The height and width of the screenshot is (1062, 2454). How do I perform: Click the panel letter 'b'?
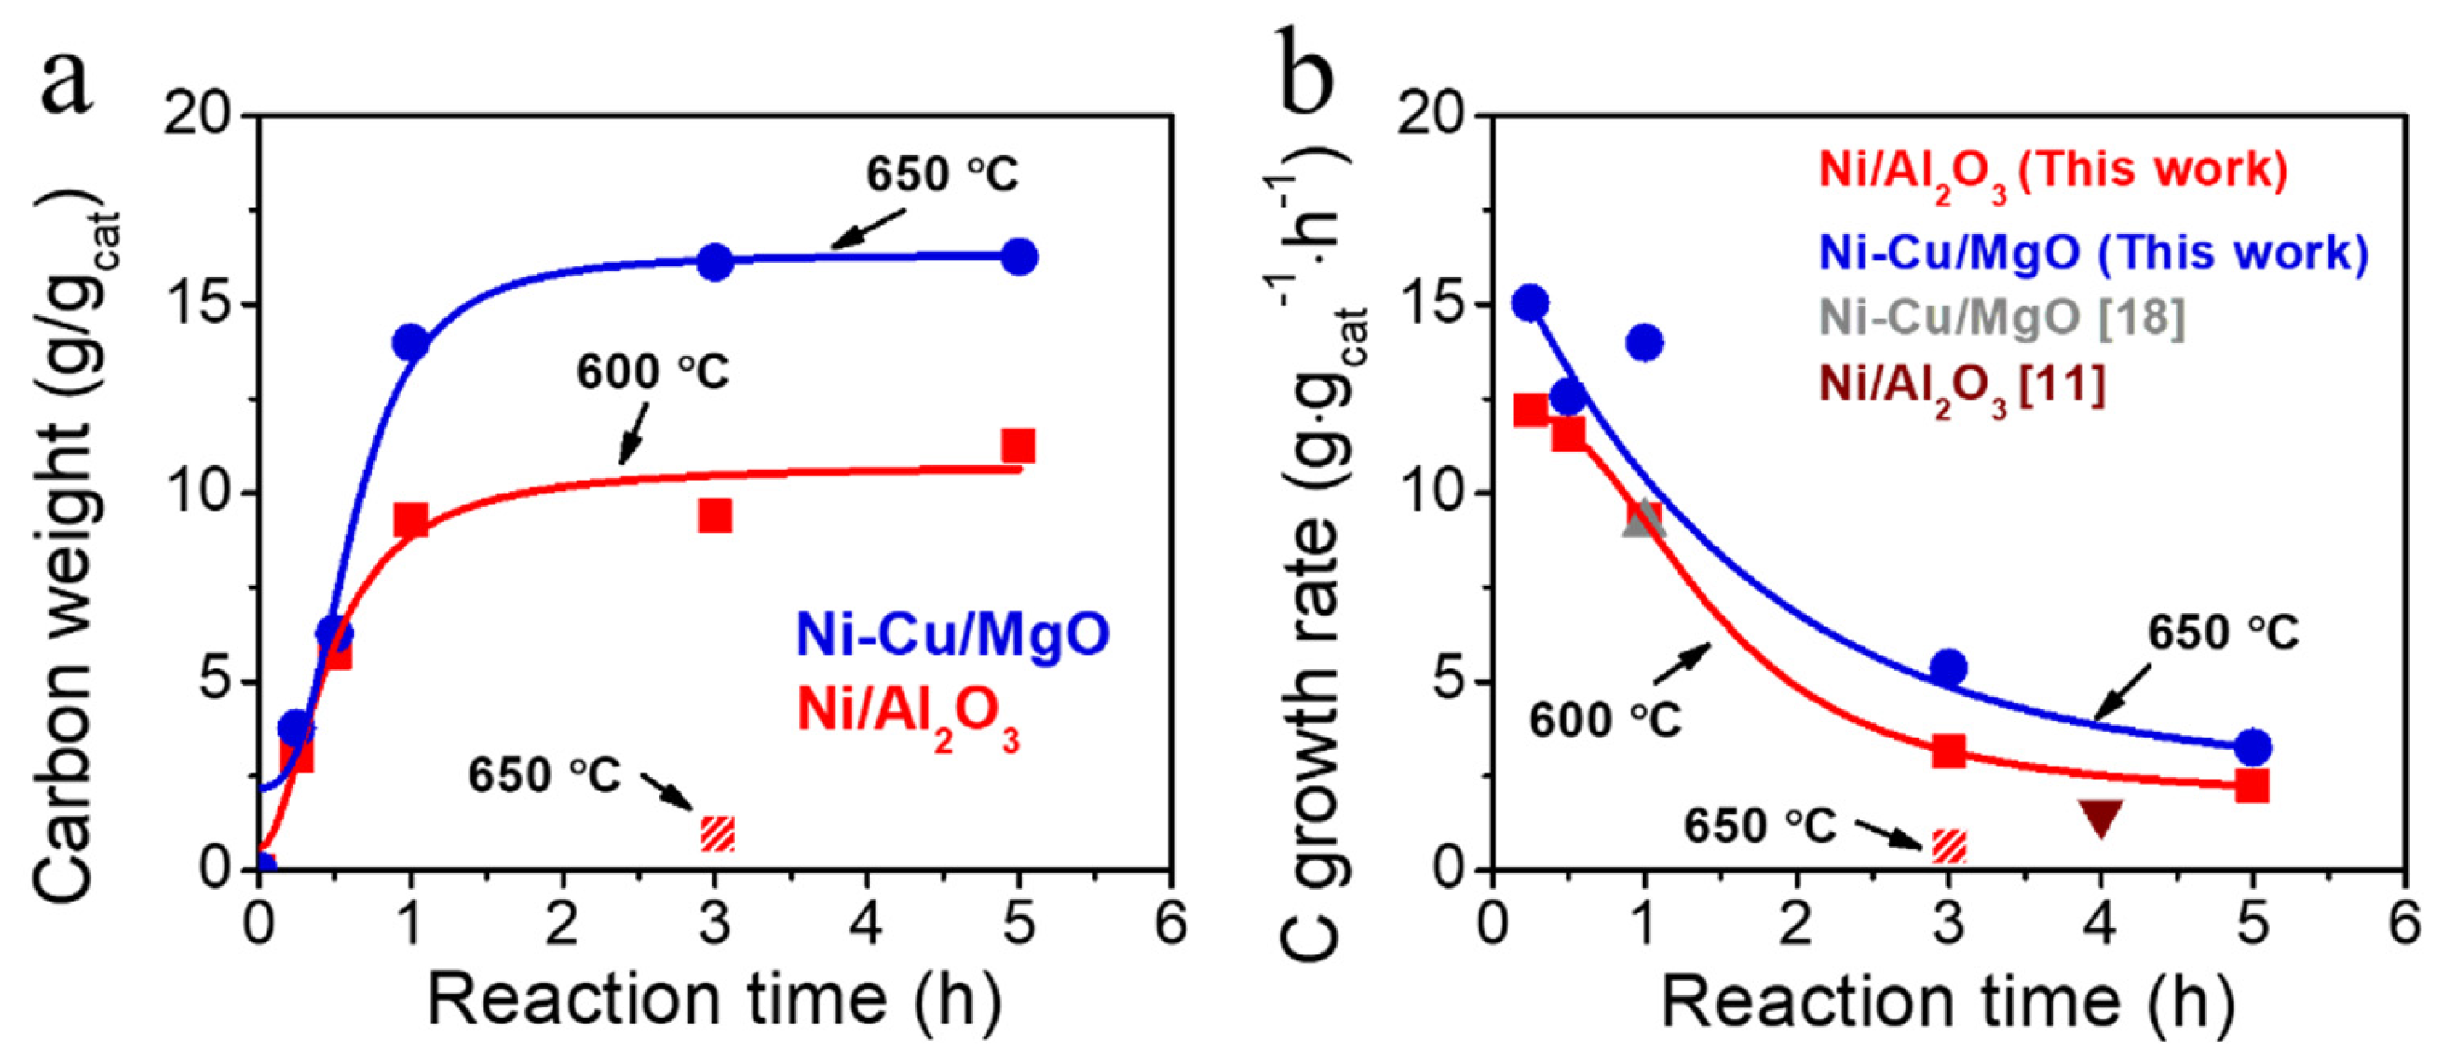(1308, 76)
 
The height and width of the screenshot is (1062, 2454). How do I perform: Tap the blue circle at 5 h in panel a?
(1018, 256)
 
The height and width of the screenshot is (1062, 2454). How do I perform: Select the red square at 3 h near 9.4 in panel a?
(714, 516)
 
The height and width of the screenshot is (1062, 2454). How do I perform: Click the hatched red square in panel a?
(717, 833)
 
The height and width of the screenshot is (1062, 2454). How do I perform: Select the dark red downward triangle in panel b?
(2100, 817)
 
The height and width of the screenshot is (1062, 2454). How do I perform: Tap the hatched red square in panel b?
(1948, 846)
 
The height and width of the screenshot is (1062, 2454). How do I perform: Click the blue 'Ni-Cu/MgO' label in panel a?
(952, 634)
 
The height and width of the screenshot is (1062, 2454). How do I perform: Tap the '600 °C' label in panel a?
(653, 371)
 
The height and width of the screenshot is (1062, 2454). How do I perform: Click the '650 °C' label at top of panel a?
(941, 174)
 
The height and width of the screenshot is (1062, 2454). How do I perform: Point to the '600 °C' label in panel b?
(1605, 720)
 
